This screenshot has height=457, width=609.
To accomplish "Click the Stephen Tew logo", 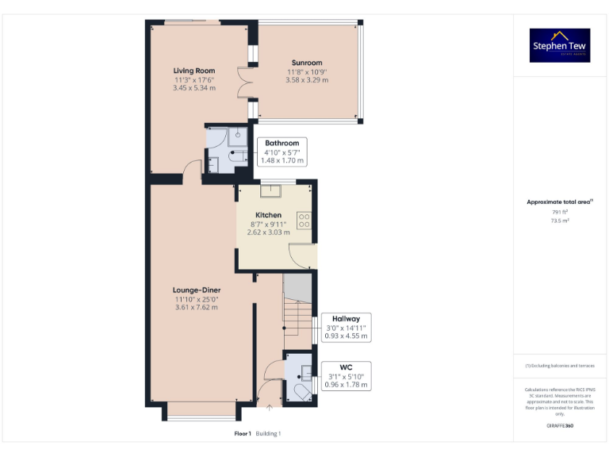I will coord(560,45).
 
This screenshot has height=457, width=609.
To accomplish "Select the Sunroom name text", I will coord(306,63).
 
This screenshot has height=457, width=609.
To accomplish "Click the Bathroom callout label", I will coord(282,151).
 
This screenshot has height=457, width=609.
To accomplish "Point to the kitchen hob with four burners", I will coord(304,220).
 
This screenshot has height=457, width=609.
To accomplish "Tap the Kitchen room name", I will coord(268,215).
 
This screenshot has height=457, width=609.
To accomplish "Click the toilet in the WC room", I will coord(302,392).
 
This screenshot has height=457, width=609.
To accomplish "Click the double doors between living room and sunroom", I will coord(244,88).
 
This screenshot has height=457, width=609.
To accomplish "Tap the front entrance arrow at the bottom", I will coord(270,408).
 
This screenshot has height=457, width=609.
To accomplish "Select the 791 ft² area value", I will coord(560,213).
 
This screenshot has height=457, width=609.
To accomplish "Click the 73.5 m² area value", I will coord(560,221).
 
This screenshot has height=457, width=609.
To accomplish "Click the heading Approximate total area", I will coord(559,202).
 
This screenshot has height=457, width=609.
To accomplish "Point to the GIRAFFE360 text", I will coord(560,426).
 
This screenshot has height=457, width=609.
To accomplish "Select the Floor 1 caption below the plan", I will coord(243,434).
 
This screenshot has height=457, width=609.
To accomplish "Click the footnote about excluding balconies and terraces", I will coord(560,366).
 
